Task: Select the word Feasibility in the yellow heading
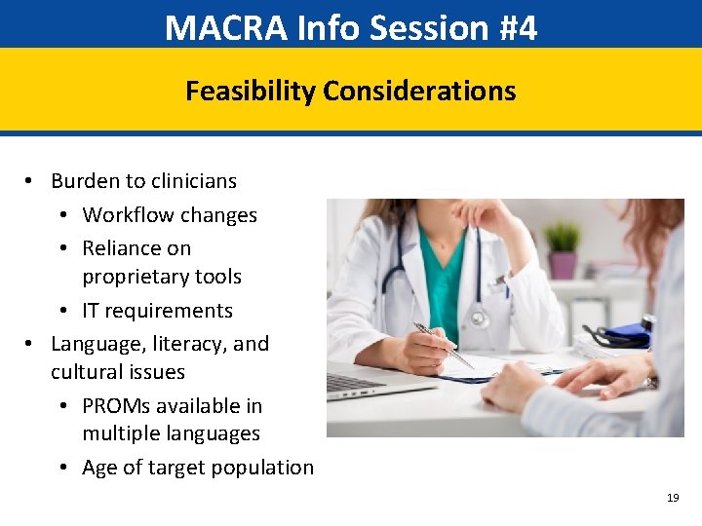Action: [251, 92]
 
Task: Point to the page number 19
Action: [672, 498]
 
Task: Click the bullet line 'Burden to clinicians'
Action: [143, 181]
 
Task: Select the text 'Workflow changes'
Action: [170, 215]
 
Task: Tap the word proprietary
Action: [162, 277]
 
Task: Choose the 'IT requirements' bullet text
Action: [157, 311]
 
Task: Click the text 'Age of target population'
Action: [198, 468]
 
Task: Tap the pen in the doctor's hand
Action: [444, 345]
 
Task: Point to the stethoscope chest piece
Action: [478, 318]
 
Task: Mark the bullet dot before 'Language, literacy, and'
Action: [30, 344]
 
